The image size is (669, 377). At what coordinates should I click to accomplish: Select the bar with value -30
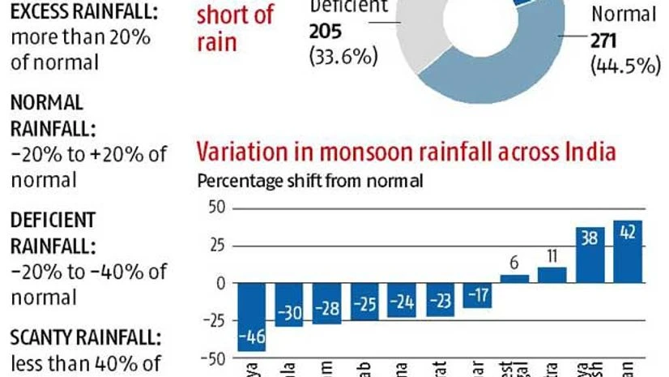pyautogui.click(x=289, y=304)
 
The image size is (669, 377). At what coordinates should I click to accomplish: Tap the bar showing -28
pyautogui.click(x=327, y=303)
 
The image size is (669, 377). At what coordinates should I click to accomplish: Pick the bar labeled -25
pyautogui.click(x=364, y=301)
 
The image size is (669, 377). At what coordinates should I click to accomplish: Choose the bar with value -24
pyautogui.click(x=403, y=300)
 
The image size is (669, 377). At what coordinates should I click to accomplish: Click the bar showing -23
pyautogui.click(x=440, y=299)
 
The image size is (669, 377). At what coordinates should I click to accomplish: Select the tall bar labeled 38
pyautogui.click(x=590, y=255)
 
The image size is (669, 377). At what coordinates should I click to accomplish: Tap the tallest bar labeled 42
pyautogui.click(x=628, y=251)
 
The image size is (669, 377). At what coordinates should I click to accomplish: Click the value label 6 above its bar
pyautogui.click(x=515, y=263)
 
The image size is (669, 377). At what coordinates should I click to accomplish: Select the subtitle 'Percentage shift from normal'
pyautogui.click(x=310, y=181)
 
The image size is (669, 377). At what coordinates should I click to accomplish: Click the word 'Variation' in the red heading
pyautogui.click(x=241, y=152)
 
